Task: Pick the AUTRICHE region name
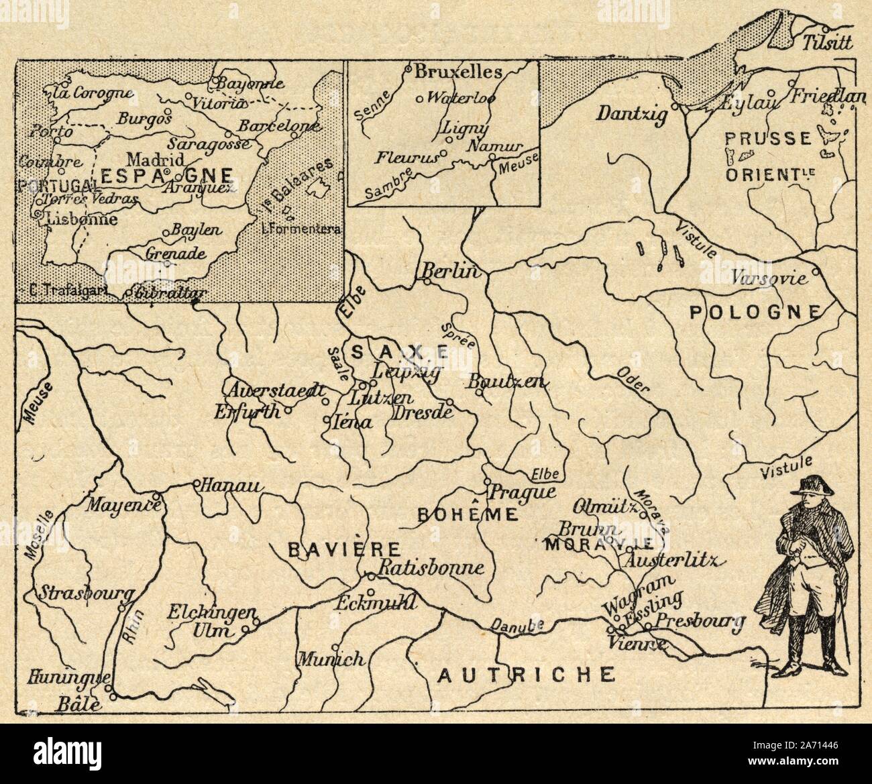[x=526, y=674]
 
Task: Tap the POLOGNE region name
[x=755, y=311]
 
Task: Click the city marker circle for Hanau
[x=196, y=483]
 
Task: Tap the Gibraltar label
[x=168, y=292]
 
